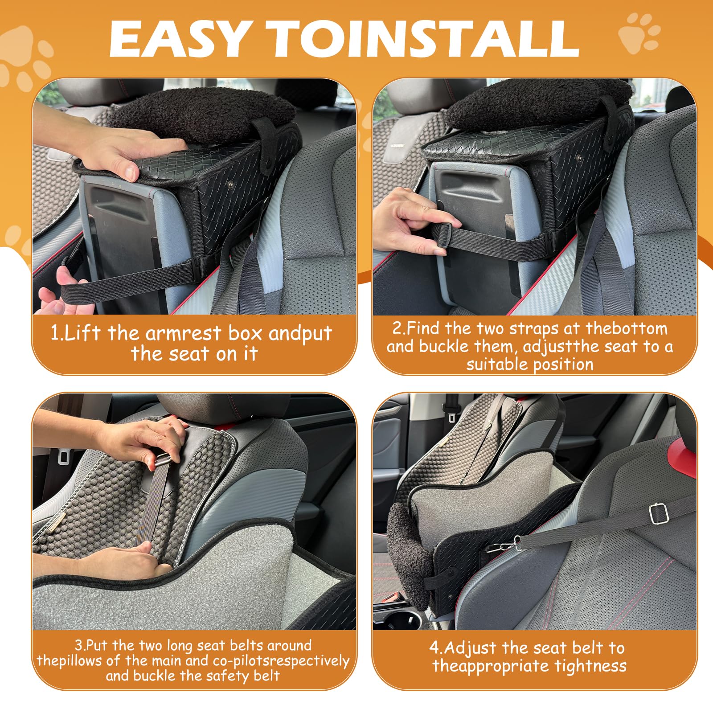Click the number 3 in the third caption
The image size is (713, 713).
[x=78, y=645]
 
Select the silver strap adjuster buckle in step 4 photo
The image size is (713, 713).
[x=659, y=513]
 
